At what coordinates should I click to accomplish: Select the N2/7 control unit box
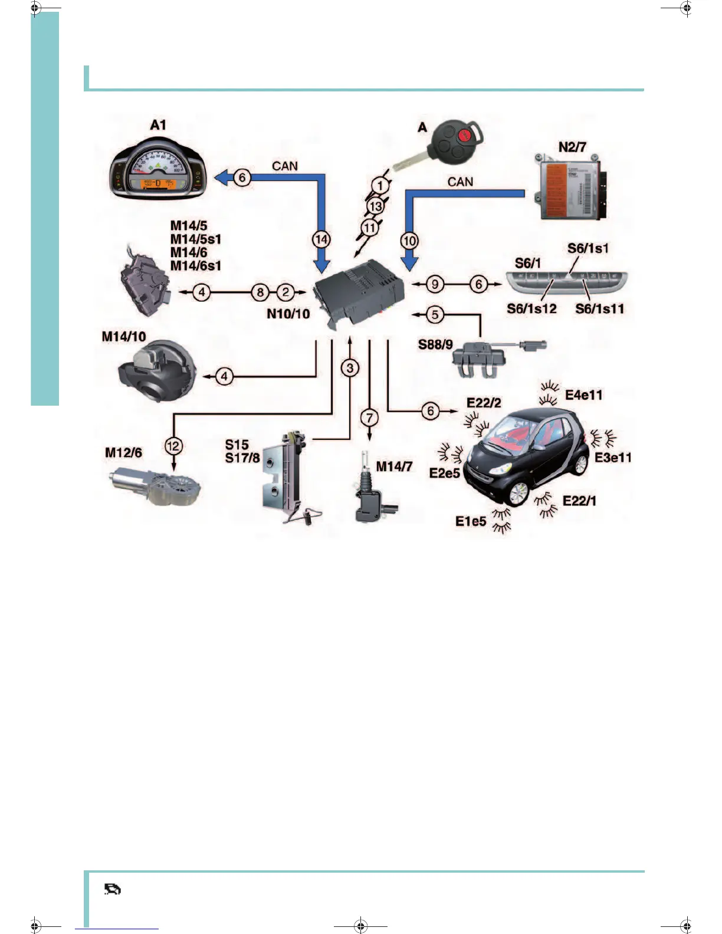click(x=570, y=188)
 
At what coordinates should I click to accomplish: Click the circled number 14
click(x=321, y=239)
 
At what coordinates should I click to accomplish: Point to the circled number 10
click(x=409, y=241)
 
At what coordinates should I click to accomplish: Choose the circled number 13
click(x=376, y=206)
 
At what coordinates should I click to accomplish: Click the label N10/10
click(x=288, y=314)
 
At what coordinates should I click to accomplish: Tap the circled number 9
click(x=435, y=284)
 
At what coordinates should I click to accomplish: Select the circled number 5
click(x=435, y=314)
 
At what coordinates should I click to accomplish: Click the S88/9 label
click(x=435, y=344)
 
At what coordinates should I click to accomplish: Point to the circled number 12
click(x=173, y=446)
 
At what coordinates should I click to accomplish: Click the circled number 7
click(x=369, y=418)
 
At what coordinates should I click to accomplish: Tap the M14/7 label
click(x=394, y=466)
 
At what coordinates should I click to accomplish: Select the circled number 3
click(x=350, y=368)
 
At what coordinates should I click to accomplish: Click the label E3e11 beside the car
click(x=613, y=458)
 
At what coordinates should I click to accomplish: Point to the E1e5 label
click(x=471, y=521)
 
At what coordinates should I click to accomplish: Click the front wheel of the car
click(x=517, y=494)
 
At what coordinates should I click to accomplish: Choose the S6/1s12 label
click(x=531, y=308)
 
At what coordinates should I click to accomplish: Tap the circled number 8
click(x=260, y=292)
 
